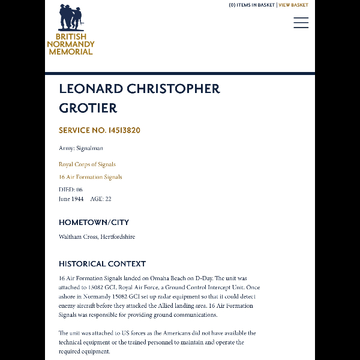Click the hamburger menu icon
(301, 23)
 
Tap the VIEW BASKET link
(293, 5)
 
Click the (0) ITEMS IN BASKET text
(252, 5)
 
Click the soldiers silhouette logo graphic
(71, 18)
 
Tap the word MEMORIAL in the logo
(71, 52)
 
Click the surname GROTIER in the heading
(88, 108)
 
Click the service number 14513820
(124, 130)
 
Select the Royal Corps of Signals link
(87, 164)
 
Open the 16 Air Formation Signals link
(90, 177)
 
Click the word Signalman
(89, 148)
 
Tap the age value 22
(108, 199)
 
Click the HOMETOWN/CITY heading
(94, 223)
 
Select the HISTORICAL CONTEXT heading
(102, 263)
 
